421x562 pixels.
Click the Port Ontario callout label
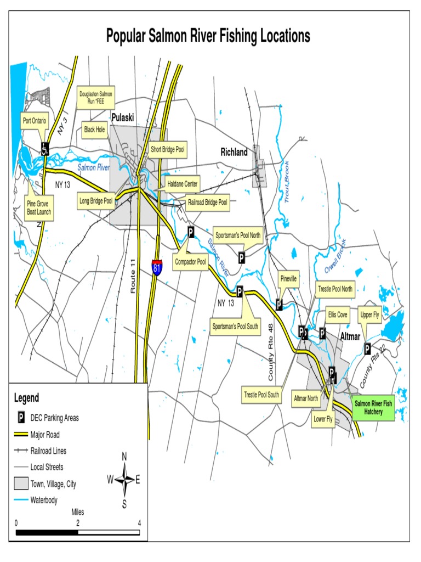[x=35, y=121]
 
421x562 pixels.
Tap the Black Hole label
[x=94, y=130]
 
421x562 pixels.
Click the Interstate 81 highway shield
[x=157, y=268]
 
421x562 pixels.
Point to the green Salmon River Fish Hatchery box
[x=373, y=407]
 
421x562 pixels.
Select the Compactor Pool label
[x=190, y=262]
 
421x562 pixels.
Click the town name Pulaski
[x=123, y=117]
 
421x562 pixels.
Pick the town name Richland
[x=234, y=152]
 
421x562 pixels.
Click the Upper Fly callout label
[x=369, y=314]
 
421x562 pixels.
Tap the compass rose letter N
[x=124, y=457]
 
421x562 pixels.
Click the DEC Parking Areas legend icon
[x=21, y=418]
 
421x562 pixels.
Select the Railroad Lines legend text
[x=48, y=451]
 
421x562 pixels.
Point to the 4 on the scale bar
[x=140, y=522]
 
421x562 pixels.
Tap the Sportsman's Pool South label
[x=235, y=327]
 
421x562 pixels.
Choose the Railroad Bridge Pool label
[x=208, y=203]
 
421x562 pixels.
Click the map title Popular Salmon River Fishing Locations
[x=208, y=36]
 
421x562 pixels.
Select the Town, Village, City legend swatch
[x=21, y=484]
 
